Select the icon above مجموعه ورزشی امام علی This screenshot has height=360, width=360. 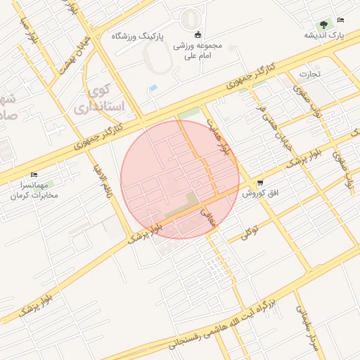(198, 35)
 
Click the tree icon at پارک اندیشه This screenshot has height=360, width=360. (323, 24)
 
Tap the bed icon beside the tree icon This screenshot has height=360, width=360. (341, 20)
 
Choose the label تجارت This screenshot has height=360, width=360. (310, 73)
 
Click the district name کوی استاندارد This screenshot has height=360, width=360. (105, 99)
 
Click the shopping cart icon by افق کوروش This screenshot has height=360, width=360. (259, 182)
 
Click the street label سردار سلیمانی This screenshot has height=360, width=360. (307, 327)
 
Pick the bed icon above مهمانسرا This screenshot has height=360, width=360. (34, 175)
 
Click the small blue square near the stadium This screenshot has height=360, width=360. (153, 88)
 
